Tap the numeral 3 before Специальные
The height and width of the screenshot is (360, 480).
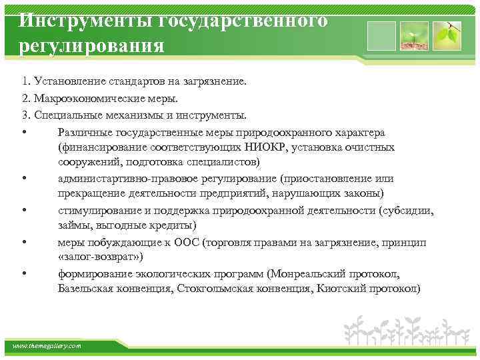coord(23,114)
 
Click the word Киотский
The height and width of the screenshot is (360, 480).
coord(340,288)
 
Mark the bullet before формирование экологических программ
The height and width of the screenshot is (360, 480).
coord(24,273)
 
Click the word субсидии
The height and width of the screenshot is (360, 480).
coord(406,211)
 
